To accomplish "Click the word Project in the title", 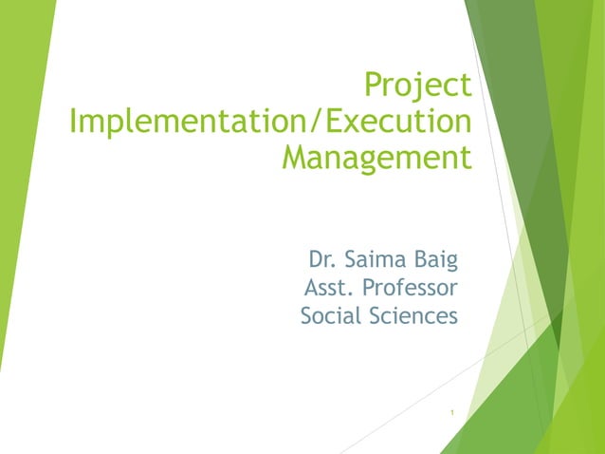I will point(418,86).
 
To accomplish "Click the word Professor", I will point(412,287).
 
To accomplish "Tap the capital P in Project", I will point(374,85).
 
